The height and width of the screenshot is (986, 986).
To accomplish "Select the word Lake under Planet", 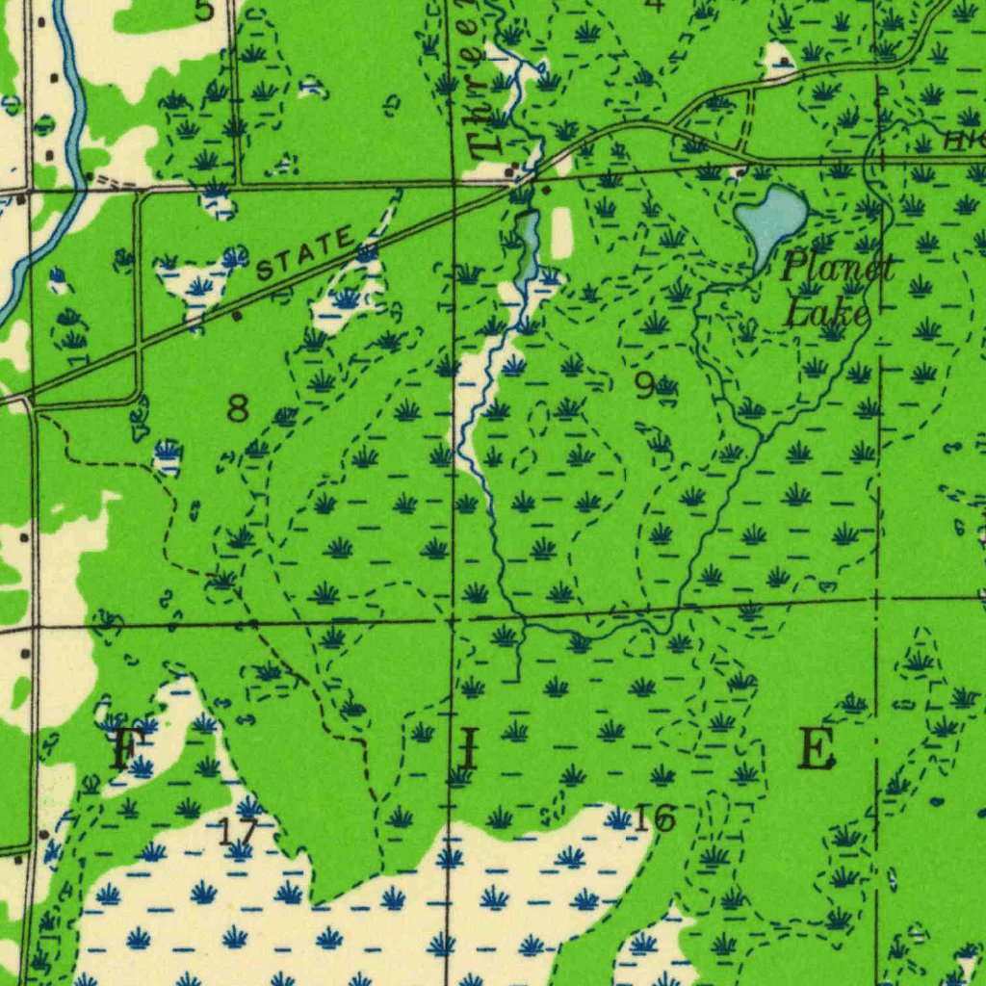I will coord(826,312).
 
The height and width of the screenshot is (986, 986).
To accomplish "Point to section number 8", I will coord(238,408).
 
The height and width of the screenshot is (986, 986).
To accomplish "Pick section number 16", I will coord(655,819).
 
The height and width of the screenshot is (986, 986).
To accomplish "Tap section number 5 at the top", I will coord(203,11).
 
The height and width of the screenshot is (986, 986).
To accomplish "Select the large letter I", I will coord(467,749).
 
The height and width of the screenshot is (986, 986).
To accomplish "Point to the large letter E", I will coord(816,748).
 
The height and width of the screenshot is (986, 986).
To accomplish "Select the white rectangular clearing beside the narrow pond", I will coord(561,233).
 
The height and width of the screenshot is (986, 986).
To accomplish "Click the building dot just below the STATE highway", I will coord(237,316).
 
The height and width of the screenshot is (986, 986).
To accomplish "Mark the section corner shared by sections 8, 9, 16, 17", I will coord(452,621).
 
